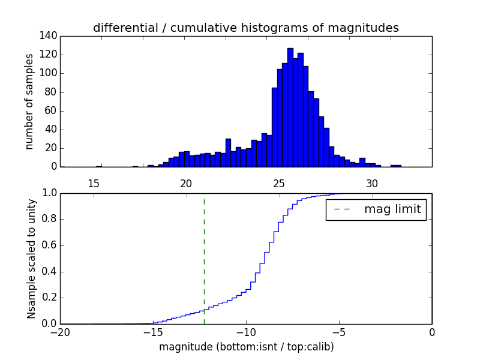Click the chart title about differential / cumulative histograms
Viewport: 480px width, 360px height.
[245, 28]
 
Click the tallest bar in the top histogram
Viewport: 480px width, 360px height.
[290, 108]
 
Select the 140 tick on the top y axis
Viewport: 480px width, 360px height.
[50, 36]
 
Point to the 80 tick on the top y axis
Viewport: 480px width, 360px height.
[52, 92]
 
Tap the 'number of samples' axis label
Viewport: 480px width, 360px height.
[29, 101]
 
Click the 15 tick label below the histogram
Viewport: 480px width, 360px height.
[94, 183]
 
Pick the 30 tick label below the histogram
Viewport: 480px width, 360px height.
[372, 183]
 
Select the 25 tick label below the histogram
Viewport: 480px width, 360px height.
[279, 183]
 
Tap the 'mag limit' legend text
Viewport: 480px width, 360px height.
[392, 209]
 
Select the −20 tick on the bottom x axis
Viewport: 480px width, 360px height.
[60, 332]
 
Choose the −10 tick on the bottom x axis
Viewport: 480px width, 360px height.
[246, 332]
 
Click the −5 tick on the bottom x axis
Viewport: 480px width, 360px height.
[339, 332]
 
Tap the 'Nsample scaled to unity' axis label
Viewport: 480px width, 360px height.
[31, 258]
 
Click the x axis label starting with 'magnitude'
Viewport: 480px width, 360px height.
[246, 347]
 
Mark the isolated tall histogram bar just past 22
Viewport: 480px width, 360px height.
[228, 153]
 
